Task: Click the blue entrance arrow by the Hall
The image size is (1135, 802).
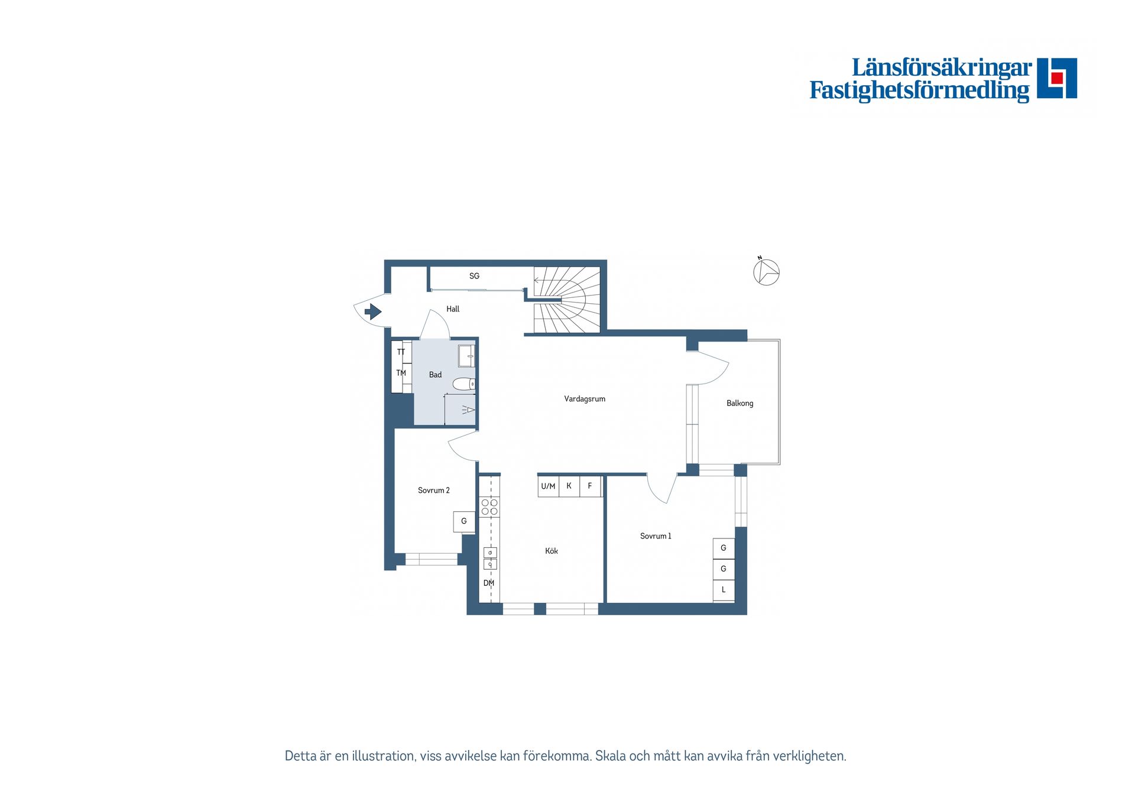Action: (x=372, y=311)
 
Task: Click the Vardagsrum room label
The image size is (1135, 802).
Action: (x=584, y=399)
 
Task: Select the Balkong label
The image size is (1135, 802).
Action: (x=740, y=403)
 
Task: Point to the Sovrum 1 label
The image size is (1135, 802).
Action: (x=655, y=536)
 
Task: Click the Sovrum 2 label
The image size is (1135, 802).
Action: (x=433, y=491)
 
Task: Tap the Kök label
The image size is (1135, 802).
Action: (x=551, y=551)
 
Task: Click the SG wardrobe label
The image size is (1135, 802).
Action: (x=474, y=276)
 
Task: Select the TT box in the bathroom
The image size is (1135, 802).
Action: (x=401, y=352)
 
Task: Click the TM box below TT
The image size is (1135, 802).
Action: (x=401, y=373)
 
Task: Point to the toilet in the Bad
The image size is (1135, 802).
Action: (x=464, y=384)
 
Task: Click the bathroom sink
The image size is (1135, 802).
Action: (x=466, y=356)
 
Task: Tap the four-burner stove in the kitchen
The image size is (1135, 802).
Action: (x=489, y=507)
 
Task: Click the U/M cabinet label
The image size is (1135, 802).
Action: (x=548, y=486)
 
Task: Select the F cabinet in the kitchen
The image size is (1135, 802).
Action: (x=590, y=486)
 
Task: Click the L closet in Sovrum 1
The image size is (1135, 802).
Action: (x=724, y=590)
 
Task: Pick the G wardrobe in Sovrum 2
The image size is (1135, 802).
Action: (x=464, y=521)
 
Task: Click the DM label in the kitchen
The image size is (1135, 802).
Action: (x=489, y=583)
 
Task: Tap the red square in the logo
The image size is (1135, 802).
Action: (x=1057, y=78)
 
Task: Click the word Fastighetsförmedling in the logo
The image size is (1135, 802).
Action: (x=919, y=90)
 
